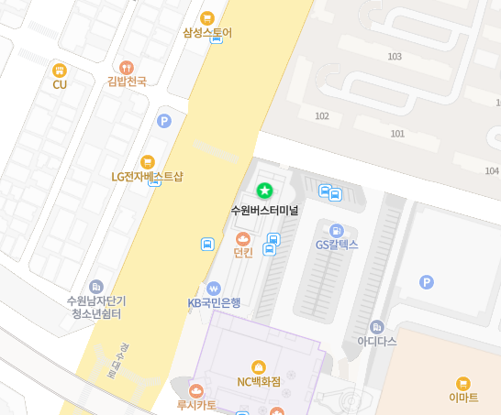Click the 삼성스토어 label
207,33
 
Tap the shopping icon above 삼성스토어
207,17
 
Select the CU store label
60,84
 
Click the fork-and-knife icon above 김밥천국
127,67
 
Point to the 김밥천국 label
127,82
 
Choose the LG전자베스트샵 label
147,177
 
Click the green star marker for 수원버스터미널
264,191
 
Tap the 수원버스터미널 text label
264,210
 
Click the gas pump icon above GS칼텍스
337,230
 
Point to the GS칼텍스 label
337,245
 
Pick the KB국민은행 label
214,302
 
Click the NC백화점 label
258,382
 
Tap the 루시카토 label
196,404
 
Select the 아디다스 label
376,341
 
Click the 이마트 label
463,398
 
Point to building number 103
395,57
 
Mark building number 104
492,170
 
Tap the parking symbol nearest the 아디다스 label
426,282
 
